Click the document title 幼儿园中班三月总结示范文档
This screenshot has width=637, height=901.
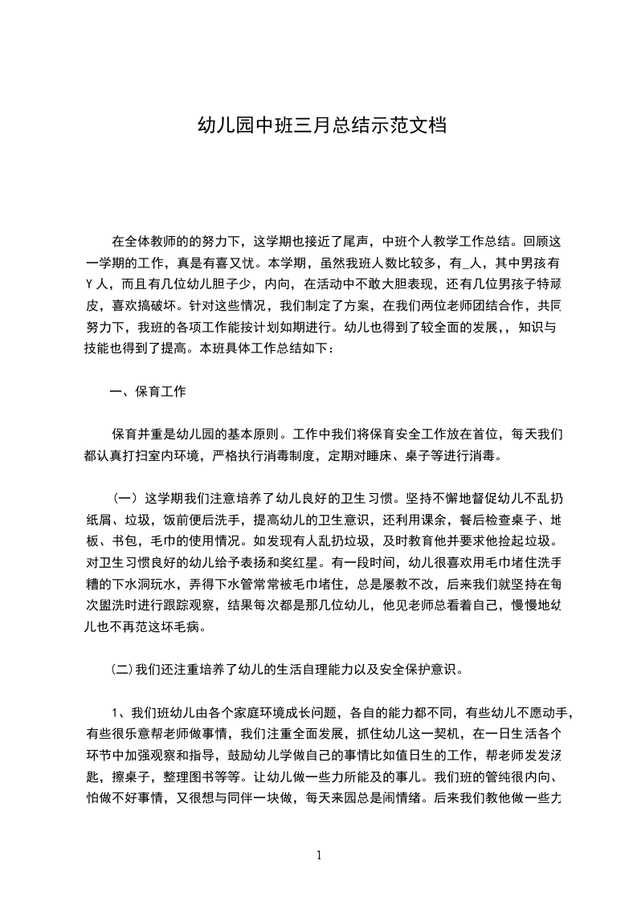click(x=318, y=126)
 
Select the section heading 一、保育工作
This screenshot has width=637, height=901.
click(x=149, y=392)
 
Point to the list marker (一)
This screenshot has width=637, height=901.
click(x=125, y=496)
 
